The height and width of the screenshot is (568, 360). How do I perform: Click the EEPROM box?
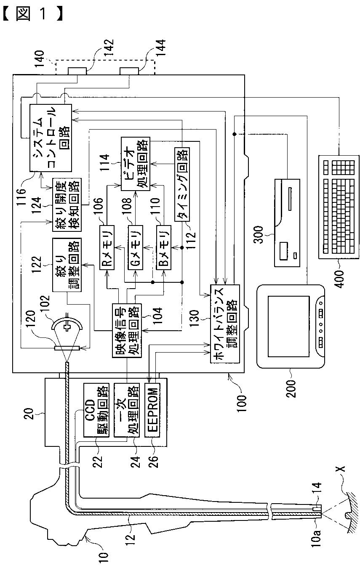pyautogui.click(x=152, y=410)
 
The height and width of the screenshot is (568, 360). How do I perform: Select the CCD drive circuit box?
pyautogui.click(x=96, y=410)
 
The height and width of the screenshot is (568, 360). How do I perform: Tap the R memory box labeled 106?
pyautogui.click(x=107, y=247)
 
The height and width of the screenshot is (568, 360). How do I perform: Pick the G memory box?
pyautogui.click(x=135, y=247)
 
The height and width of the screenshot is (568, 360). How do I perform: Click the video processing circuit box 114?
pyautogui.click(x=136, y=164)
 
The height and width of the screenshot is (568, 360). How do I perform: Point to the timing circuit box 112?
pyautogui.click(x=182, y=184)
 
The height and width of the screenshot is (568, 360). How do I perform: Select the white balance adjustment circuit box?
pyautogui.click(x=225, y=324)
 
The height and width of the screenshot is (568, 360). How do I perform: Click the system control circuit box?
pyautogui.click(x=51, y=138)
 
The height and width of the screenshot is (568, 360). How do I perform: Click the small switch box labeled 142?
pyautogui.click(x=77, y=71)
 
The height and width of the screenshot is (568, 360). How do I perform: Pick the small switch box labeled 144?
pyautogui.click(x=129, y=71)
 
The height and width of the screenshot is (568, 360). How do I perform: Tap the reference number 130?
pyautogui.click(x=195, y=319)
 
